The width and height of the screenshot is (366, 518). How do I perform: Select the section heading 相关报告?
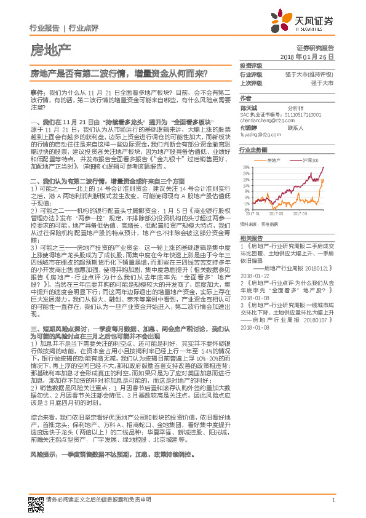(x=252, y=237)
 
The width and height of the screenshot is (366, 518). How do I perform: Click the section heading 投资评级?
(x=252, y=65)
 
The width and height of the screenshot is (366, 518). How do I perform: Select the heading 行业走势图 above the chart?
(x=253, y=149)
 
